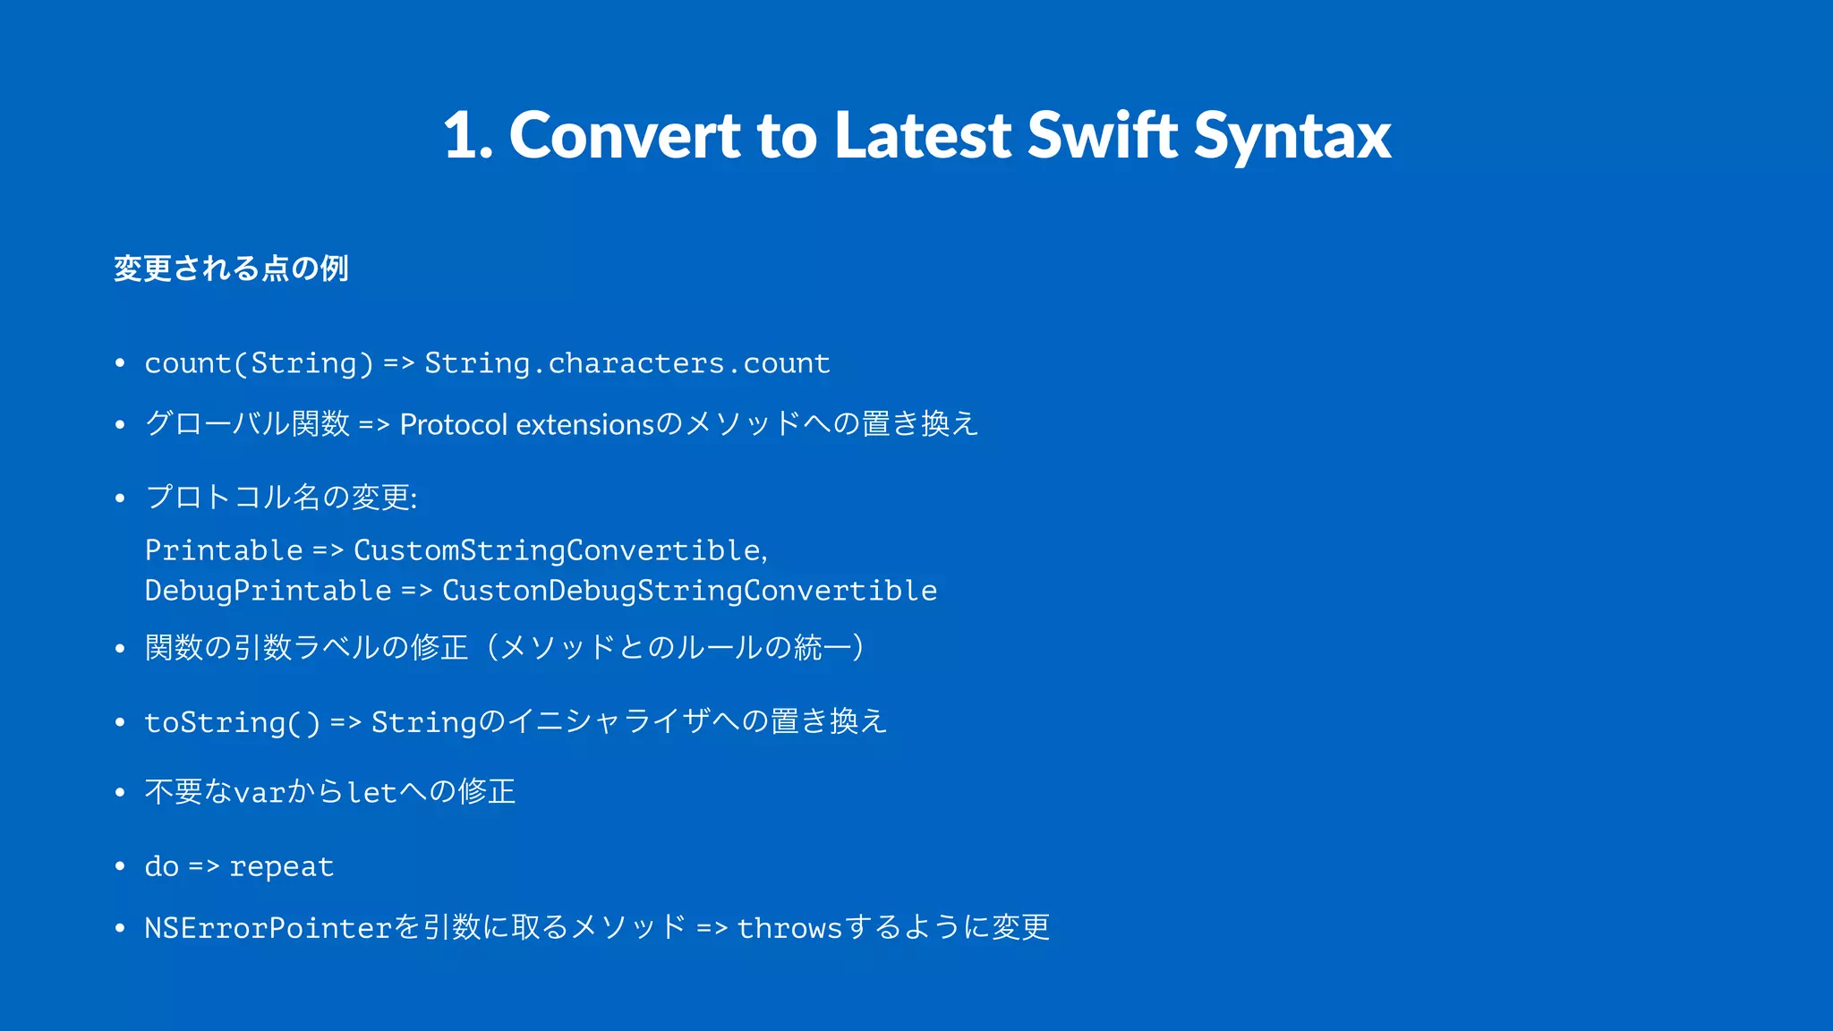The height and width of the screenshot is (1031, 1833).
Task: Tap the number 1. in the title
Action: (467, 136)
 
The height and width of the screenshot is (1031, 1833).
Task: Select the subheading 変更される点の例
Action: (231, 268)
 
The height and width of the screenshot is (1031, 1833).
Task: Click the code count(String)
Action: (259, 363)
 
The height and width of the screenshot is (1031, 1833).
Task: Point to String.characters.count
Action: (627, 363)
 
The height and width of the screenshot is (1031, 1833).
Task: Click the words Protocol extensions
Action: (527, 424)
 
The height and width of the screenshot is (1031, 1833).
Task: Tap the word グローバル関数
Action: (247, 423)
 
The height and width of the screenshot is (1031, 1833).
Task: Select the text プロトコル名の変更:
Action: (281, 497)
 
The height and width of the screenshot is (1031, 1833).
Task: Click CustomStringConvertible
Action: (558, 550)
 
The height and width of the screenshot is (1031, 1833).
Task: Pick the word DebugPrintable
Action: (268, 591)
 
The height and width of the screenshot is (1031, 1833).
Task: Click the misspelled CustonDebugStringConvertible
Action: (689, 591)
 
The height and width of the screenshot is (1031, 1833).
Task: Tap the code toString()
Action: (232, 722)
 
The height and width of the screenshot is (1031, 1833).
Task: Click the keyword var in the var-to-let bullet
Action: (259, 793)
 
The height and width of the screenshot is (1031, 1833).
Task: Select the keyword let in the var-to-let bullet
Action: (371, 793)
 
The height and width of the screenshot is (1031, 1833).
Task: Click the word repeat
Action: (281, 866)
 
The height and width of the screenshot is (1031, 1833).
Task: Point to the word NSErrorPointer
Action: (269, 928)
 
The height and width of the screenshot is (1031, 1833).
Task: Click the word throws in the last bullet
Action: (789, 928)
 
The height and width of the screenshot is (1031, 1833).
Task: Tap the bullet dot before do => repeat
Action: (120, 866)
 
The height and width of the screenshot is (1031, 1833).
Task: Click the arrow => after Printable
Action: (328, 551)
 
